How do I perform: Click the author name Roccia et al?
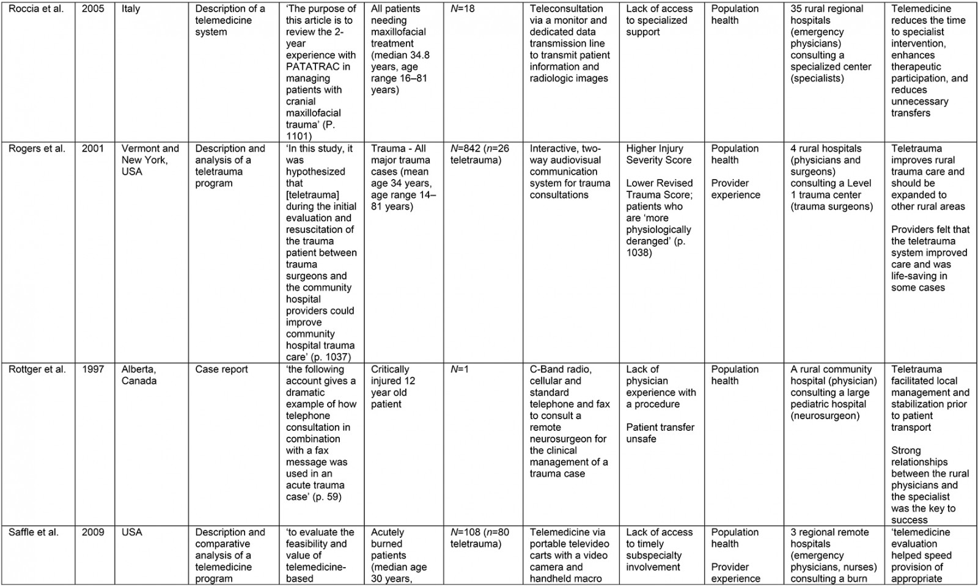[x=35, y=9]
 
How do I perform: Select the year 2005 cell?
[x=93, y=9]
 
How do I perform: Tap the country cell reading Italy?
[x=131, y=9]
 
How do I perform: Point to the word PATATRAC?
[x=312, y=67]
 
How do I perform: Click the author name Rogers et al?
[x=36, y=148]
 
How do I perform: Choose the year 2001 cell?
[x=93, y=148]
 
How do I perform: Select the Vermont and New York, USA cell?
[x=150, y=160]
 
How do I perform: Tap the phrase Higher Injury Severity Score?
[x=658, y=154]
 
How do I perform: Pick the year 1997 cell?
[x=93, y=370]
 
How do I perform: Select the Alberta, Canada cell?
[x=139, y=375]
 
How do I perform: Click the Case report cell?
[x=221, y=370]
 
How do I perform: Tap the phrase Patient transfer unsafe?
[x=660, y=433]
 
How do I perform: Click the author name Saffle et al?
[x=34, y=533]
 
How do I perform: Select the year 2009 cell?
[x=93, y=533]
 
